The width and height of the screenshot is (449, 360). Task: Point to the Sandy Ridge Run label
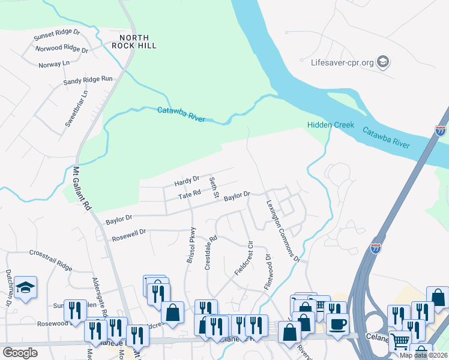coord(88,79)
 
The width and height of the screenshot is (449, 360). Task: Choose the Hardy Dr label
coord(186,181)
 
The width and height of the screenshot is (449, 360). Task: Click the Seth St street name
coord(213,188)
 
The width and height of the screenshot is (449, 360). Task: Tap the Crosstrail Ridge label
coord(50,253)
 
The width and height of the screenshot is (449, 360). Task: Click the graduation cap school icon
coord(26,288)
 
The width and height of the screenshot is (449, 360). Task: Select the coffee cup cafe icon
coord(337,325)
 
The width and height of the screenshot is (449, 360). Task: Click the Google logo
coord(20,353)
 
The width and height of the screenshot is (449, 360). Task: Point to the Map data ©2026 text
coord(423,355)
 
